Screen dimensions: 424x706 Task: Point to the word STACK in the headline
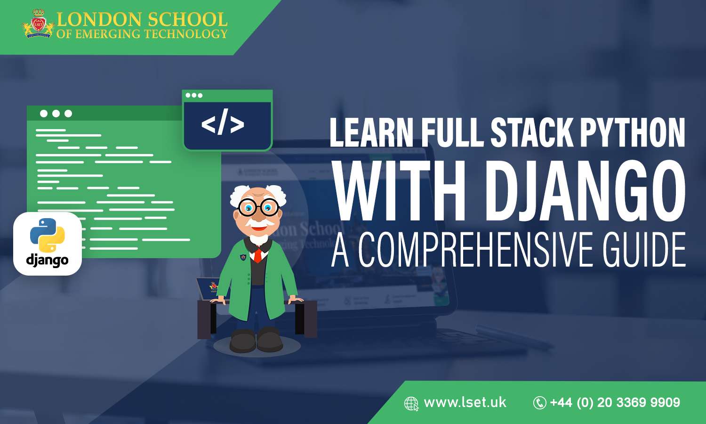click(532, 133)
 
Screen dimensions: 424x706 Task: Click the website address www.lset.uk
click(465, 402)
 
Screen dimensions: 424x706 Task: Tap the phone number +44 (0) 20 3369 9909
click(615, 402)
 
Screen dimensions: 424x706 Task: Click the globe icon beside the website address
click(411, 404)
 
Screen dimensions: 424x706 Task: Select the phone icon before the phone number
click(539, 403)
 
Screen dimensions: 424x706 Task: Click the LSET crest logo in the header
click(38, 24)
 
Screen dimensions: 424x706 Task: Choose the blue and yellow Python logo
click(47, 235)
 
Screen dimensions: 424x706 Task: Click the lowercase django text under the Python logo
click(47, 260)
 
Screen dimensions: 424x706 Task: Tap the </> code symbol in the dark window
click(223, 124)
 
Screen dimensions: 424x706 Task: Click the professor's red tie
click(257, 255)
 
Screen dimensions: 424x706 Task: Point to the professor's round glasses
click(258, 206)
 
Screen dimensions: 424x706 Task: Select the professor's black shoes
click(256, 340)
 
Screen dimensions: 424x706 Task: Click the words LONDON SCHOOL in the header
click(142, 19)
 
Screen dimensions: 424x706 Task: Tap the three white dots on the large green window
click(56, 114)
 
